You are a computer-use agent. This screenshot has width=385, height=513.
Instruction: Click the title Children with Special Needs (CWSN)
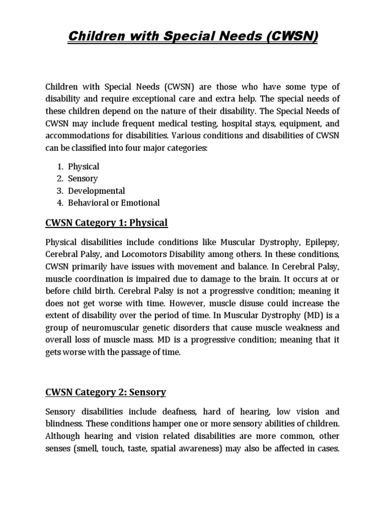click(192, 37)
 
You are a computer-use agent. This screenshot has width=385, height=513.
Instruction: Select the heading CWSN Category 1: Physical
click(106, 222)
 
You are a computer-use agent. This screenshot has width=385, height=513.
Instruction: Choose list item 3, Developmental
click(100, 191)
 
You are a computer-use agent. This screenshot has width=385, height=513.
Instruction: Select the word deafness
click(167, 411)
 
